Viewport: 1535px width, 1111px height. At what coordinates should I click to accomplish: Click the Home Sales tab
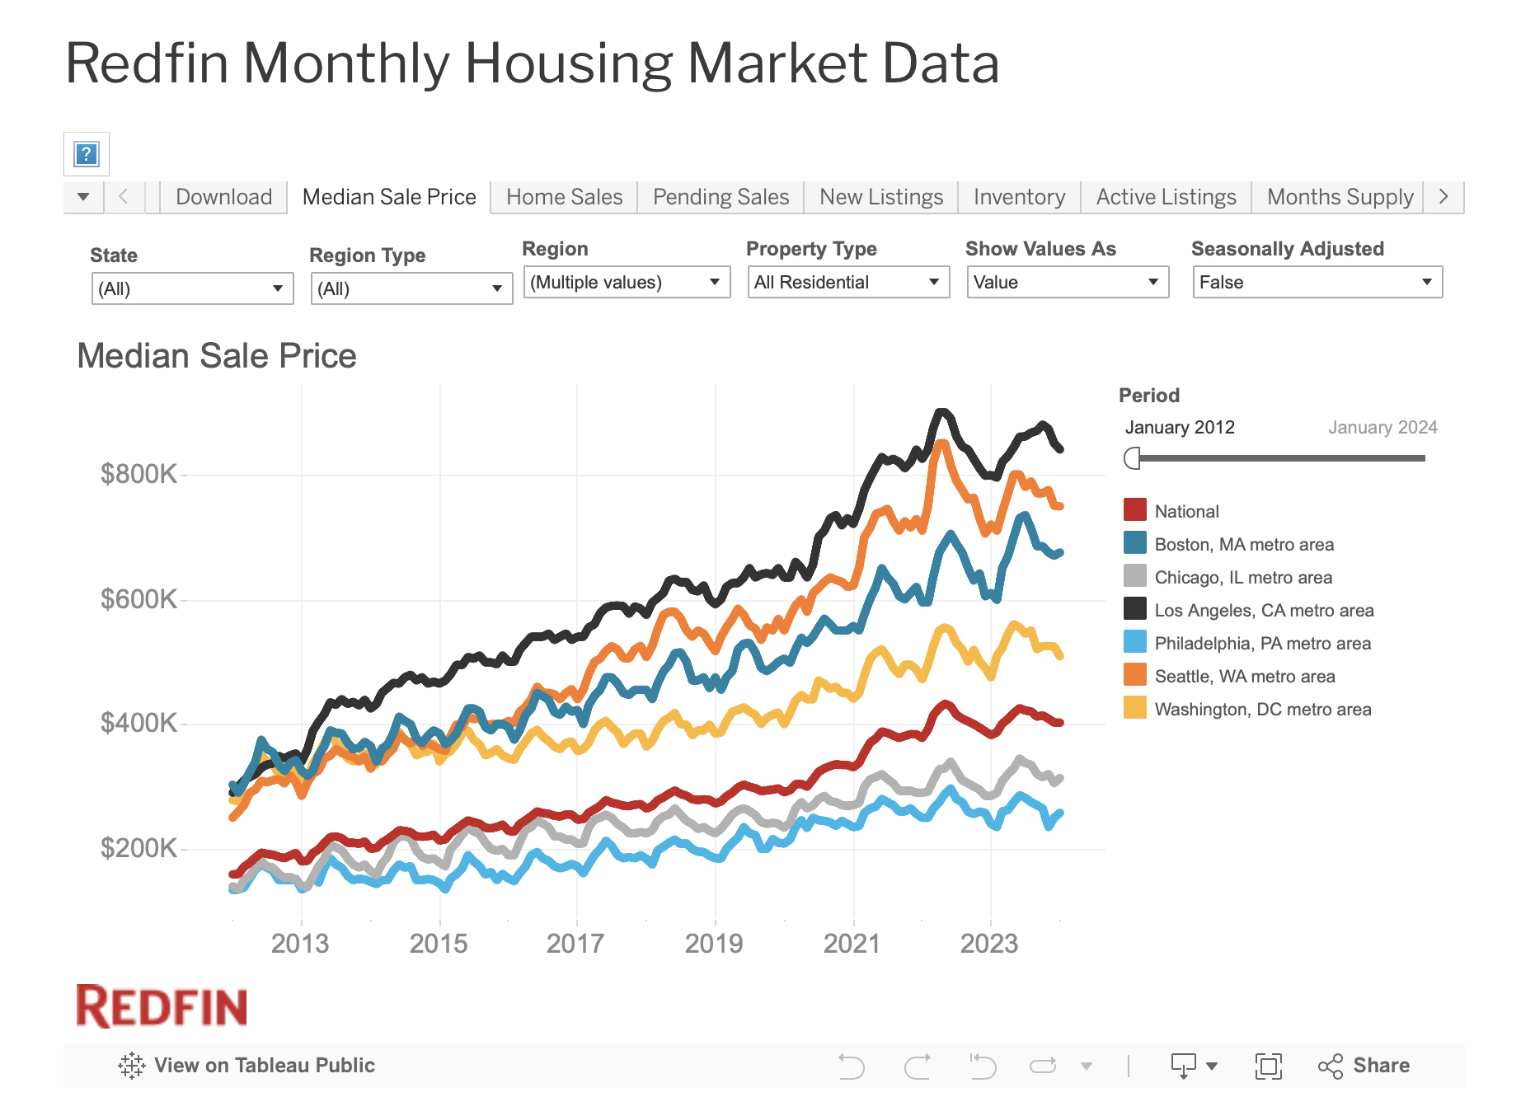click(564, 197)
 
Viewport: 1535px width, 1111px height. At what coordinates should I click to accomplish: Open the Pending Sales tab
click(721, 197)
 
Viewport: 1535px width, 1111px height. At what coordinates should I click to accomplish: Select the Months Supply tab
click(1340, 197)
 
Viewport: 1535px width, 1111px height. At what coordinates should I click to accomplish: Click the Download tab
click(223, 197)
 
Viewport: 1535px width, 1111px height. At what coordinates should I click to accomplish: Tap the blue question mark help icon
click(87, 154)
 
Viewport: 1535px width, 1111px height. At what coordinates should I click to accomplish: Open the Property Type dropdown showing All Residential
click(847, 283)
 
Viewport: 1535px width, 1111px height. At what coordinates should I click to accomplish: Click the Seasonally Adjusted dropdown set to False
click(1317, 283)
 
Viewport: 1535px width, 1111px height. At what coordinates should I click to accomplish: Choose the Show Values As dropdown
click(1067, 283)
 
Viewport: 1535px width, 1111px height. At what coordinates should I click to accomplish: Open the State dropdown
click(192, 289)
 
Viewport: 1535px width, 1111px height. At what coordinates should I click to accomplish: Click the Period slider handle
click(1133, 458)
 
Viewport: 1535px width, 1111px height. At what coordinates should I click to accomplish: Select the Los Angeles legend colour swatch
click(1135, 609)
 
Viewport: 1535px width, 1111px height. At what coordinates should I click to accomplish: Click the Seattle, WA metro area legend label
click(1244, 677)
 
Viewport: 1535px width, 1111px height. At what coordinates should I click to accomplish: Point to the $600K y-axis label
click(138, 599)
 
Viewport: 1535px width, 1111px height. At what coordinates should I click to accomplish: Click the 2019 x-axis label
click(714, 944)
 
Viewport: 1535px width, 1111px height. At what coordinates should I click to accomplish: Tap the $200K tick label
click(138, 848)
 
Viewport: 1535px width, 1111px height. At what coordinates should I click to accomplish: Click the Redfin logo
click(162, 1006)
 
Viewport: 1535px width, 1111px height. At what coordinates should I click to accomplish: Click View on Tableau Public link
click(246, 1066)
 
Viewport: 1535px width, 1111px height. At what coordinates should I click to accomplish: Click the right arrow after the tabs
click(1443, 197)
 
